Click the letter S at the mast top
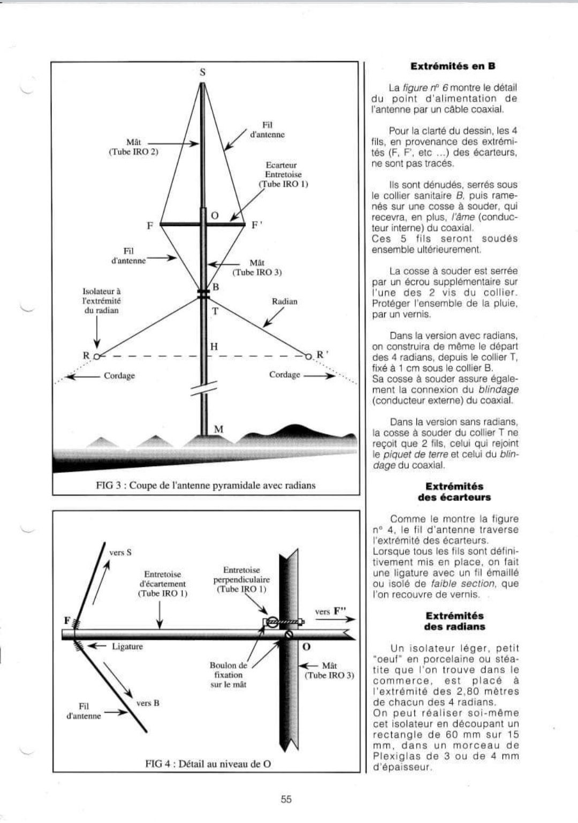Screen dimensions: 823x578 tap(202, 72)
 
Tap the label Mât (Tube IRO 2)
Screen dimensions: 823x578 tap(134, 147)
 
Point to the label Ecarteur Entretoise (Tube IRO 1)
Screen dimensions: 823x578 tap(283, 175)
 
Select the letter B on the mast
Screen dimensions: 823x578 tap(216, 287)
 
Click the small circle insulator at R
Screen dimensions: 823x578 tap(96, 356)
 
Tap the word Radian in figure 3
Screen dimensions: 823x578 tap(284, 301)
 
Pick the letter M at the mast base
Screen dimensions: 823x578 tap(218, 429)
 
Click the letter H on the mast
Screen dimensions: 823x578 tap(214, 347)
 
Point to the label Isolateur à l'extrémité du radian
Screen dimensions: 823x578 tap(102, 301)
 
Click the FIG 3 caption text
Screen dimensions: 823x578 tap(206, 486)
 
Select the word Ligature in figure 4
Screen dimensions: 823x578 tap(127, 646)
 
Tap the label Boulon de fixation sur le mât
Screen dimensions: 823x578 tap(229, 675)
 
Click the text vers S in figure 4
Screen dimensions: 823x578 tap(120, 552)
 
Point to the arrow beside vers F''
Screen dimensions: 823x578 tap(343, 620)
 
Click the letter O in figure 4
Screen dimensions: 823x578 tap(307, 646)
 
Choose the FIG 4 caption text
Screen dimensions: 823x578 tap(208, 764)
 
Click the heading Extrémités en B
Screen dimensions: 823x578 tap(453, 66)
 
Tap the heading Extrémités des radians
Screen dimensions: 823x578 tap(454, 621)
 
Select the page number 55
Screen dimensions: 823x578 tap(286, 799)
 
